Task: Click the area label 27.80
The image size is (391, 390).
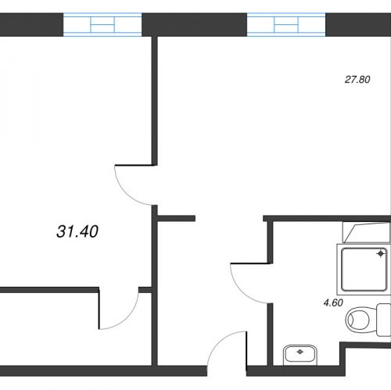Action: [357, 80]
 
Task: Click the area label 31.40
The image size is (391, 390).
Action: [77, 231]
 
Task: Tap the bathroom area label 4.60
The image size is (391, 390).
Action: [333, 302]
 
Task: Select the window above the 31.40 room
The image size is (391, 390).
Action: [102, 25]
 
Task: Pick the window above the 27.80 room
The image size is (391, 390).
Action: [286, 25]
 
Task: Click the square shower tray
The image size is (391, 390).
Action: [364, 270]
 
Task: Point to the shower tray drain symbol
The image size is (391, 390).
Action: [381, 253]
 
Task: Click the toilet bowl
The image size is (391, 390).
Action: [357, 319]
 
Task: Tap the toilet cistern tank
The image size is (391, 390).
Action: [384, 320]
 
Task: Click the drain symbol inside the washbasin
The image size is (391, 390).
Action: [300, 352]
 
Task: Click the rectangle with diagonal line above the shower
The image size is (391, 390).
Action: [367, 232]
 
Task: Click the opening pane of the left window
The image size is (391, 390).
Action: [102, 25]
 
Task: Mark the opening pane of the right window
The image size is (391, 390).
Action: [286, 25]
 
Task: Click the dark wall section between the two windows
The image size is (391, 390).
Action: [195, 25]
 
